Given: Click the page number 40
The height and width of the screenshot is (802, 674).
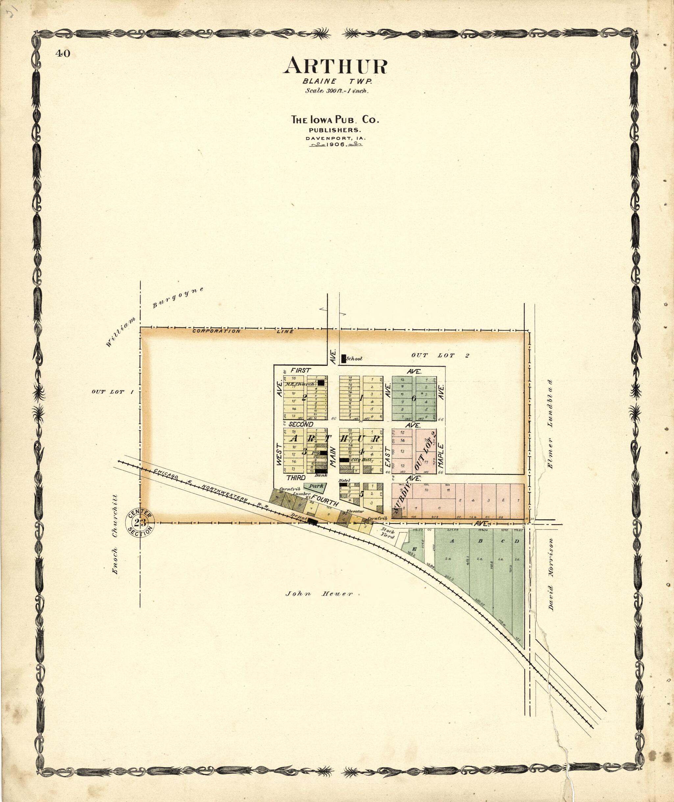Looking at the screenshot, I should point(63,54).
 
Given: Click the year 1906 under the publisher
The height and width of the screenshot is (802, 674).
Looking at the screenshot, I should point(336,145).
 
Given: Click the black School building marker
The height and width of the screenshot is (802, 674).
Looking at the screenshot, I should point(343,359).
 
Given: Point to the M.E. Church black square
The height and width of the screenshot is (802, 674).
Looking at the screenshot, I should point(321,382).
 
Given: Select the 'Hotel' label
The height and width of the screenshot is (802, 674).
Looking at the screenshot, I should point(344,480).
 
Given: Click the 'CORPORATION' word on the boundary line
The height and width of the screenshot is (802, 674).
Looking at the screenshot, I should point(216,331).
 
